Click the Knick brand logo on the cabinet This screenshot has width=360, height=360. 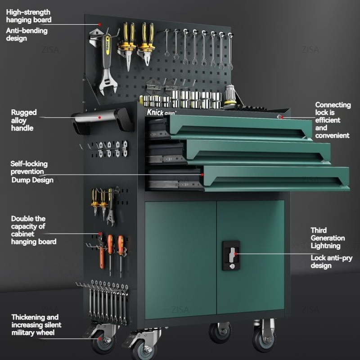(161, 112)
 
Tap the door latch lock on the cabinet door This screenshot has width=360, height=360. (231, 256)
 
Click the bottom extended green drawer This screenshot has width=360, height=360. (275, 178)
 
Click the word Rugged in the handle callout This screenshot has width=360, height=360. (24, 112)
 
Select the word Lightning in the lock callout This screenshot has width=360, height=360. (325, 246)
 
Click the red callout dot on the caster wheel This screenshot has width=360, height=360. (99, 338)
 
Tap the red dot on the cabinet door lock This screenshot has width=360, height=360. (235, 254)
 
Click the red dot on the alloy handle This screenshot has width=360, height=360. (99, 117)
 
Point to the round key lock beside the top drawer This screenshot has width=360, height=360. (279, 117)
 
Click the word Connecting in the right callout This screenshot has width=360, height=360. (333, 105)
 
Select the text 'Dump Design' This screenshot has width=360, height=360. (32, 180)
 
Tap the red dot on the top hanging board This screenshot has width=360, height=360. (99, 24)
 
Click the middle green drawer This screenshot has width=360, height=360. (257, 152)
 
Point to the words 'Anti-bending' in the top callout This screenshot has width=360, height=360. (27, 31)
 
